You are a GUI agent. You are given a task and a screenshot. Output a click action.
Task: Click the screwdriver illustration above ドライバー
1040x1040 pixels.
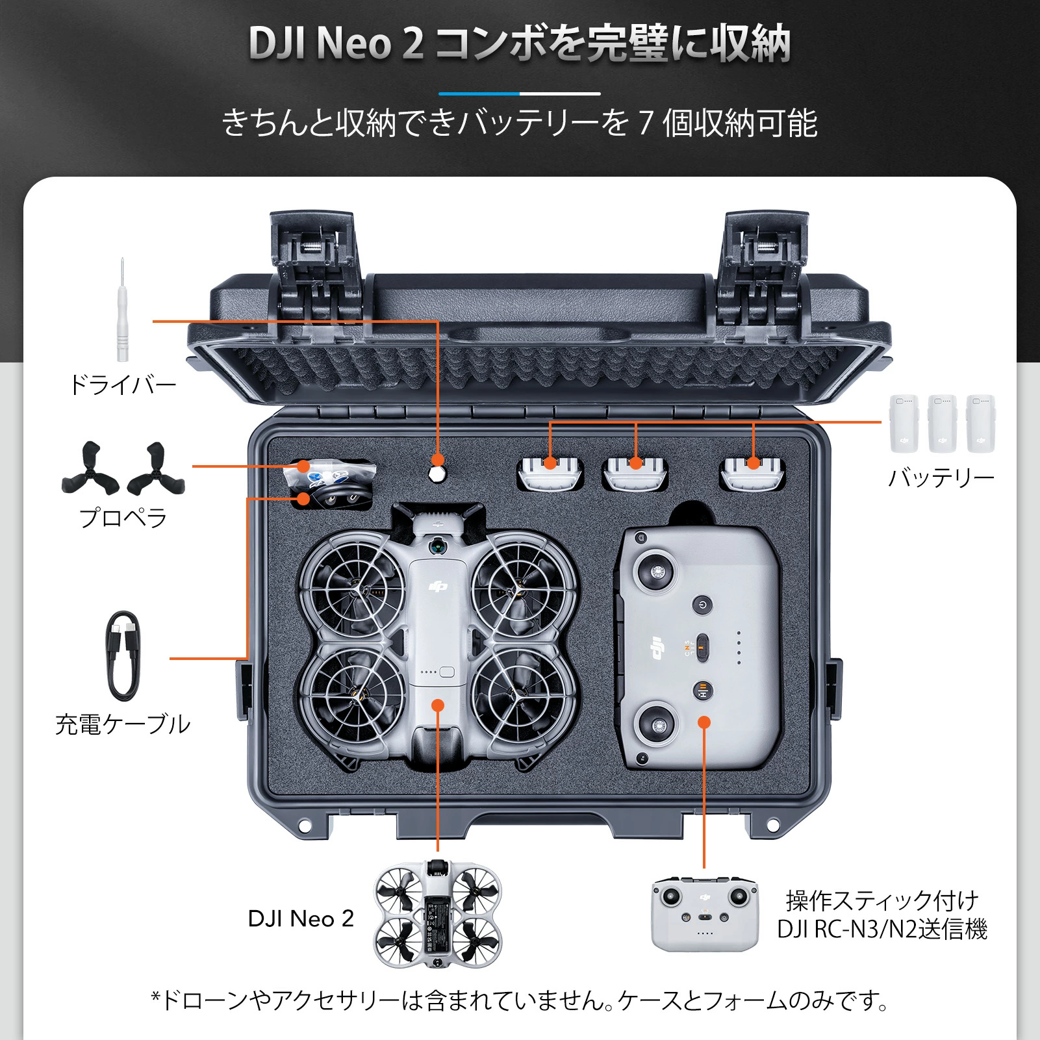click(x=122, y=311)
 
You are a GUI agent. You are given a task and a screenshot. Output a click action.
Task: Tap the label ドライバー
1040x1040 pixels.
click(x=123, y=385)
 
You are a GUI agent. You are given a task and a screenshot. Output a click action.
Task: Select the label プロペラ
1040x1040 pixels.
click(x=123, y=518)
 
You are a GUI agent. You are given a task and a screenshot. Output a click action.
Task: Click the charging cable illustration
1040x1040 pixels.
click(x=122, y=655)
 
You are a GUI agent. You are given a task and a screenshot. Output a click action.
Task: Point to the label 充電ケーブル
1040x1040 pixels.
click(x=123, y=724)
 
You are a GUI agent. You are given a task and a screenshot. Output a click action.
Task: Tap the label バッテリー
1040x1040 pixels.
click(x=941, y=478)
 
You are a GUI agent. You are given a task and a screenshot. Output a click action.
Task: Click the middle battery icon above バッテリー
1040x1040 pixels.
click(x=942, y=423)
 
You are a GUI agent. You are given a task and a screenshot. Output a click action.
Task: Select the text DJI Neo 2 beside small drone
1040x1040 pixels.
click(x=301, y=919)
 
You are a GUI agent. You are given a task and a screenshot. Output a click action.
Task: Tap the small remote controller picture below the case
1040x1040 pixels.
click(x=705, y=915)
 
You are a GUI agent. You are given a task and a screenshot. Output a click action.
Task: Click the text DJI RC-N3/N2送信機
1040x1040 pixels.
click(x=882, y=930)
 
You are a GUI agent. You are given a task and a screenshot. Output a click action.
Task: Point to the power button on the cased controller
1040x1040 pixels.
click(x=702, y=605)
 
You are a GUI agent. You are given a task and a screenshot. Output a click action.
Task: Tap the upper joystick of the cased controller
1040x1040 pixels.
click(x=657, y=572)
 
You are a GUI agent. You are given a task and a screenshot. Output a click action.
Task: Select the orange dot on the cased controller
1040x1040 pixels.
click(x=704, y=722)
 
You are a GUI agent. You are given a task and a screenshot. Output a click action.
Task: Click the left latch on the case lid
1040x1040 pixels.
click(x=314, y=273)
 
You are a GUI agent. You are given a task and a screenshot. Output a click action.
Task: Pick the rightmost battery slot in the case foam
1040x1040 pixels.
click(x=753, y=473)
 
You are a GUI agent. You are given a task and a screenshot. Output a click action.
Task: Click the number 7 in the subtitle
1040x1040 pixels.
click(x=645, y=123)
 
